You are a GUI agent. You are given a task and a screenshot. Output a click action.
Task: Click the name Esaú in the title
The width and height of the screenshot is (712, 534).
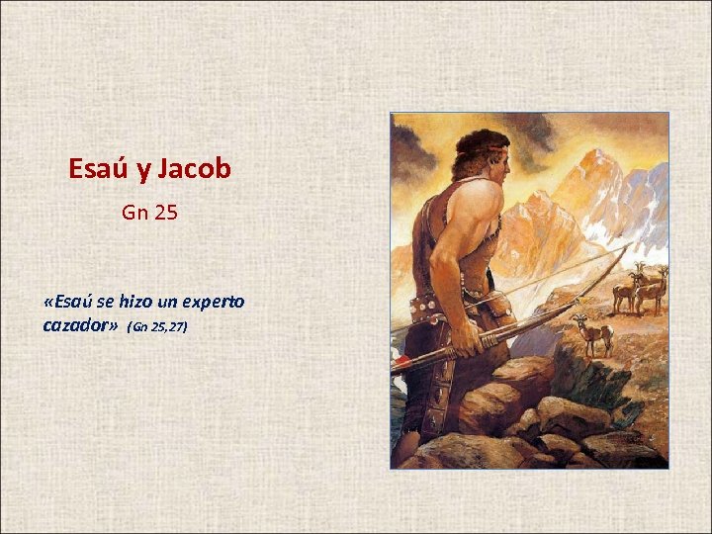point(97,169)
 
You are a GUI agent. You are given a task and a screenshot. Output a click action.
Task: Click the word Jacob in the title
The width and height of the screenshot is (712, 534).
point(194,169)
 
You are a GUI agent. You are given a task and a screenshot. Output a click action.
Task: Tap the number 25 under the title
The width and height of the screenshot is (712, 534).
point(165,212)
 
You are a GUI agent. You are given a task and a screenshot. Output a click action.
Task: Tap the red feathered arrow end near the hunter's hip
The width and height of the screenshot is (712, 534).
point(400,362)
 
